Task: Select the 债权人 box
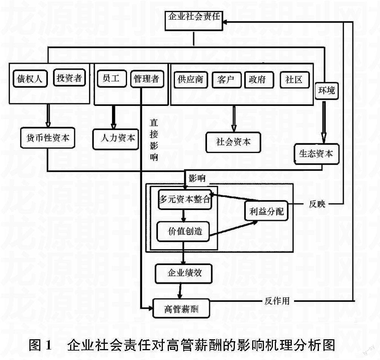29,79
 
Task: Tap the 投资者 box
69,78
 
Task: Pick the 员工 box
111,78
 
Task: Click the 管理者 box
147,79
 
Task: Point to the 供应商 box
191,79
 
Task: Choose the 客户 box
226,79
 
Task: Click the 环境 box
326,90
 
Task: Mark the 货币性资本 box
48,138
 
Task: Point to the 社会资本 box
233,142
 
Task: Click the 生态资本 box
316,154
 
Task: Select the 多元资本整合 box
184,199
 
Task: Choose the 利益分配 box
266,211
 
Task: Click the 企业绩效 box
184,273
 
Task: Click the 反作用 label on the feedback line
277,301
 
